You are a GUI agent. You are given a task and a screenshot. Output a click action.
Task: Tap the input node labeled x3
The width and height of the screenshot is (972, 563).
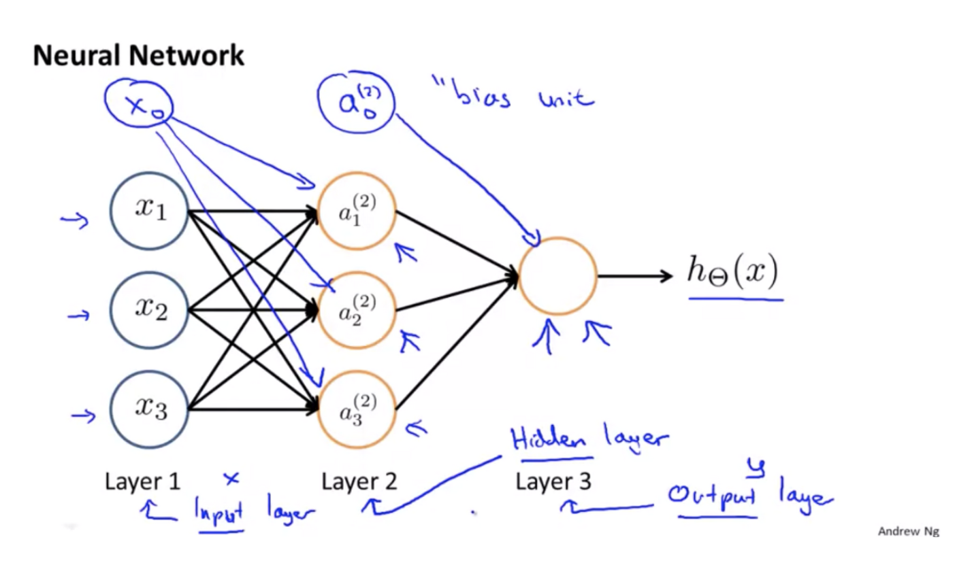(149, 409)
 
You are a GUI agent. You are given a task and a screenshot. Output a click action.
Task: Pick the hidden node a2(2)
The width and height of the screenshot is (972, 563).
(357, 310)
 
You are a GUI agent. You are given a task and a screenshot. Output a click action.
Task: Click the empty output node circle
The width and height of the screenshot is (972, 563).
(557, 275)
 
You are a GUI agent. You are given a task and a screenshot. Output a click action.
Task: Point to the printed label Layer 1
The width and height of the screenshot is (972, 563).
(142, 482)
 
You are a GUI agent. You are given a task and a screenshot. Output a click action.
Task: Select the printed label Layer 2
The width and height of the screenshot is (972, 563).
(359, 482)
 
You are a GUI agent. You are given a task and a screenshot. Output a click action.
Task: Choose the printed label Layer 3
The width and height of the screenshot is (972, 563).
(553, 482)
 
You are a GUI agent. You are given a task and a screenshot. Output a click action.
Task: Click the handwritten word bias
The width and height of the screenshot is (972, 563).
(485, 103)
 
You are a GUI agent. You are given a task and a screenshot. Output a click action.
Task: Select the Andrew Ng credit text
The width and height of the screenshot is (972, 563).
(908, 531)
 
